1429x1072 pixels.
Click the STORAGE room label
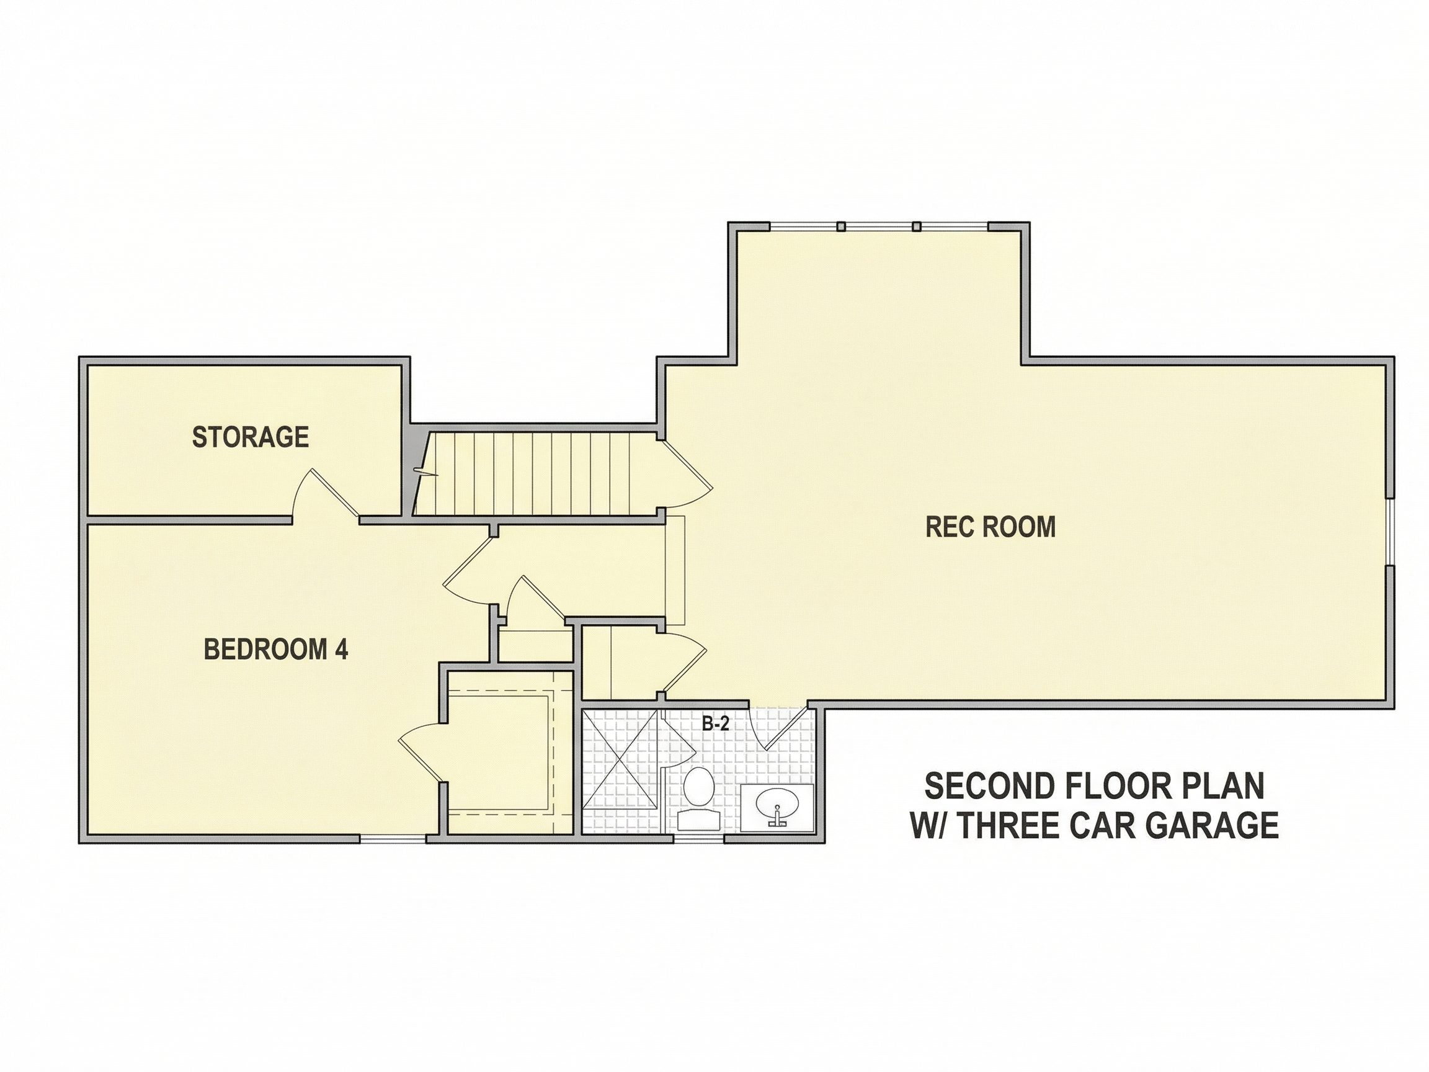[250, 437]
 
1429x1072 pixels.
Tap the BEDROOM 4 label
[276, 650]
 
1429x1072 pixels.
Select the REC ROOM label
[991, 527]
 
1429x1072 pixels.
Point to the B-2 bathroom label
[716, 725]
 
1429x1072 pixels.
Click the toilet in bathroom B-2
[698, 798]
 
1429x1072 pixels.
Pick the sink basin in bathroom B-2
[777, 805]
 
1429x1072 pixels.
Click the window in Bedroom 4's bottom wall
[392, 839]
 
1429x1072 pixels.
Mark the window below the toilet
[698, 839]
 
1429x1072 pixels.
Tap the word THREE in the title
[1015, 825]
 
